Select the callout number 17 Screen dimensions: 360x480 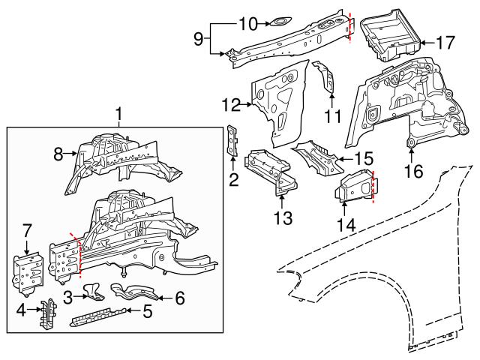click(x=445, y=43)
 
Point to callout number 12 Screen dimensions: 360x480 click(x=232, y=104)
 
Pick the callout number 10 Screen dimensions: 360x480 click(x=247, y=25)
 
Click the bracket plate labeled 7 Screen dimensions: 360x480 click(x=28, y=272)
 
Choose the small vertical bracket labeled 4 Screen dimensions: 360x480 click(x=48, y=313)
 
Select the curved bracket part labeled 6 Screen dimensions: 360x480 click(x=132, y=290)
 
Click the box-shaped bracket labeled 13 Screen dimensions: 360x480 click(x=271, y=169)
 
